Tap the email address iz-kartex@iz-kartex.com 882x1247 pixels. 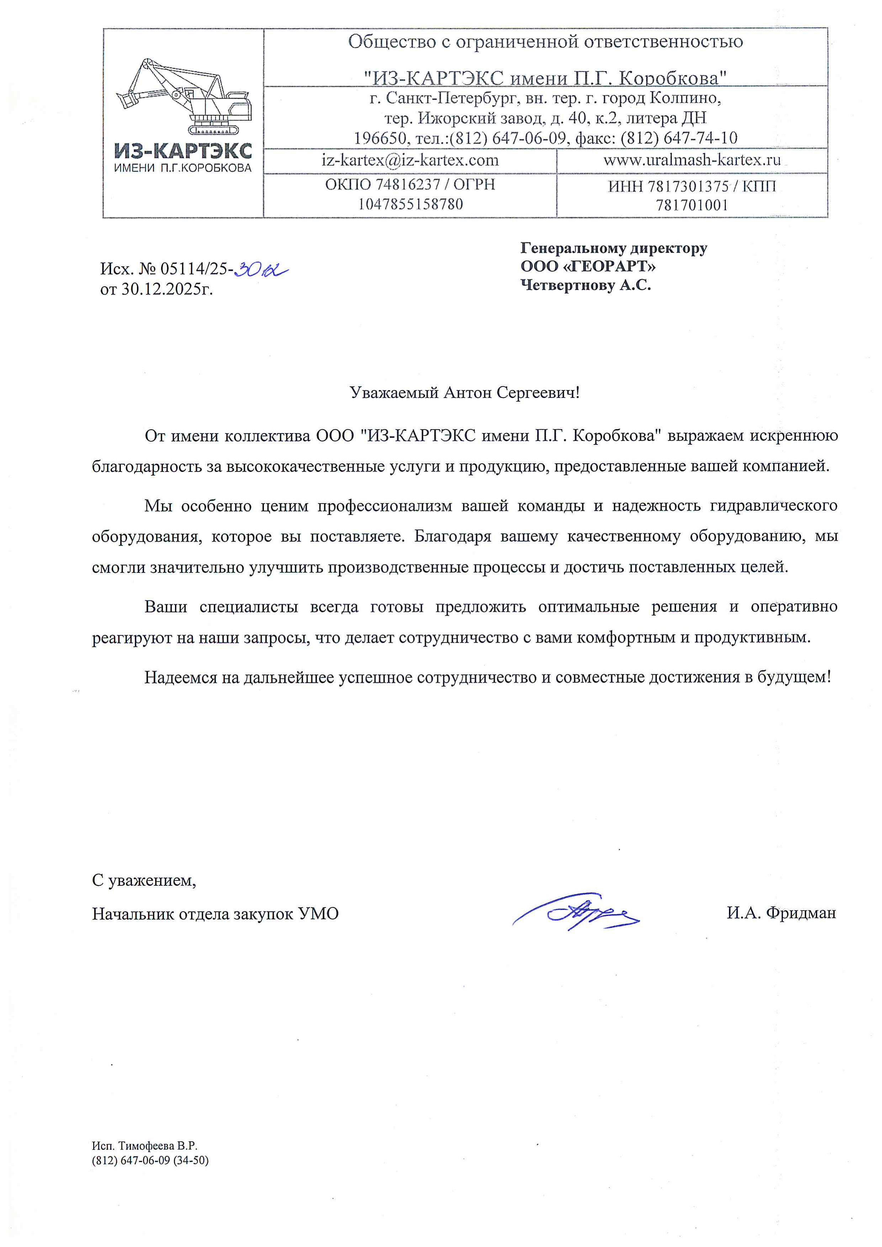[410, 160]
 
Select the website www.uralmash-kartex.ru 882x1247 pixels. [692, 160]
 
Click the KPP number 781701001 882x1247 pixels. [691, 205]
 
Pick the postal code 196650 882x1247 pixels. [380, 138]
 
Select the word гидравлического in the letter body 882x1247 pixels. [773, 506]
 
